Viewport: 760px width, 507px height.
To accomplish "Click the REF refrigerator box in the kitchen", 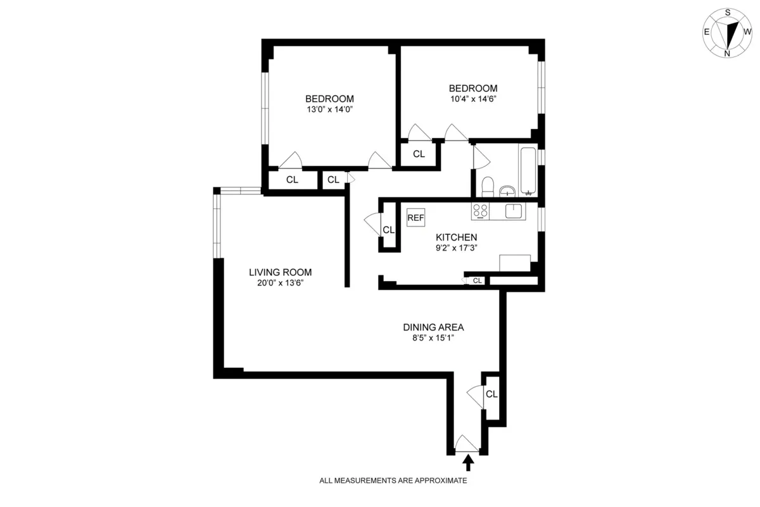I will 415,218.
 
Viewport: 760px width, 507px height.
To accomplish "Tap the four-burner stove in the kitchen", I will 481,211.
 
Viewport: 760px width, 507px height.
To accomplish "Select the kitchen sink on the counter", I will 514,211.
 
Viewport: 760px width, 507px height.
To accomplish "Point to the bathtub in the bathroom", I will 528,170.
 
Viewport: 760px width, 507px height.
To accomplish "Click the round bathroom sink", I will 507,191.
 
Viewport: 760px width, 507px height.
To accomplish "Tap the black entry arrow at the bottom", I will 468,464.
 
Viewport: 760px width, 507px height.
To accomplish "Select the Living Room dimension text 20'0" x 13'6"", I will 280,283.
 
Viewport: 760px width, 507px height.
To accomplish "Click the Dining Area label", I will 434,327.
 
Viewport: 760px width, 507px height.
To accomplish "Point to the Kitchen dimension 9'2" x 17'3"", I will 456,247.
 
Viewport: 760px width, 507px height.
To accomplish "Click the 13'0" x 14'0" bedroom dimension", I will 329,109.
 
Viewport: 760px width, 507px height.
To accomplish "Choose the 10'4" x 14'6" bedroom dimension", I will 473,99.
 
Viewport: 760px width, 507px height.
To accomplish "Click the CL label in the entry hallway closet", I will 492,394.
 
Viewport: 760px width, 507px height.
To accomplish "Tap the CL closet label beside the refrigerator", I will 389,230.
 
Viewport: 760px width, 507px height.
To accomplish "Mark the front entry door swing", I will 467,444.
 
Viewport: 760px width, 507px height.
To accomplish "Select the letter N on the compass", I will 727,53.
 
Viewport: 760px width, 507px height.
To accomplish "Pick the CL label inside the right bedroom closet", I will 419,154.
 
